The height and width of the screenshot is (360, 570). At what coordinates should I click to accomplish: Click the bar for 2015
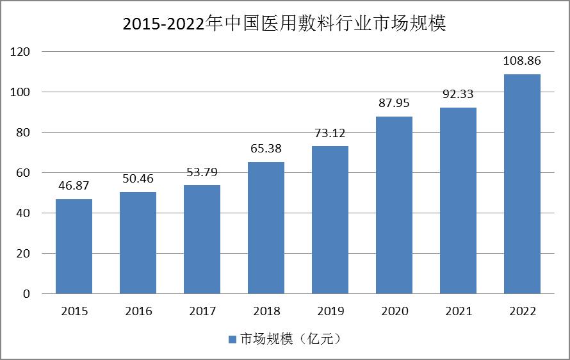click(74, 247)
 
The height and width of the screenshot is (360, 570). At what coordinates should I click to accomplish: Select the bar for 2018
click(266, 228)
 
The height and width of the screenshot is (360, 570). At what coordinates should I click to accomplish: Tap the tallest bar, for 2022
click(522, 184)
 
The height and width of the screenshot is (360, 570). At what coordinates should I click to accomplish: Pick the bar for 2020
click(394, 205)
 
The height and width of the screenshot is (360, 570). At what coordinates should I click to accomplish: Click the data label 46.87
click(74, 186)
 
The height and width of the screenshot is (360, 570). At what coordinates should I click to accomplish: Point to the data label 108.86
click(522, 61)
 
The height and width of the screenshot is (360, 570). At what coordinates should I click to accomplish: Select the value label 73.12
click(330, 133)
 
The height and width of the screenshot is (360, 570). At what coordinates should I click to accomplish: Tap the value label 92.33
click(458, 94)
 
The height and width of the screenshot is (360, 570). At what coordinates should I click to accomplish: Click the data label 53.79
click(202, 172)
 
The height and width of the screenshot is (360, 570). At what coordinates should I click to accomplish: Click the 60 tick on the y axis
click(24, 173)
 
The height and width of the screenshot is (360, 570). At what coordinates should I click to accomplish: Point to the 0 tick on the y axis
click(27, 294)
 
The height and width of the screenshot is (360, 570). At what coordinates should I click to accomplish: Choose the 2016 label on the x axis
click(138, 312)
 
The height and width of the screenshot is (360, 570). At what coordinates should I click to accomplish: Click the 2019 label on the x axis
click(330, 312)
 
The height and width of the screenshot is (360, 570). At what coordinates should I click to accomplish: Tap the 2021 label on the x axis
click(459, 312)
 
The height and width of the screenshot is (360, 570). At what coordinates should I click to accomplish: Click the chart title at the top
click(284, 24)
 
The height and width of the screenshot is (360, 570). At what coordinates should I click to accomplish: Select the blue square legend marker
click(232, 339)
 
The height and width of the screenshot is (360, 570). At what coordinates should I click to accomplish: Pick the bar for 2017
click(202, 240)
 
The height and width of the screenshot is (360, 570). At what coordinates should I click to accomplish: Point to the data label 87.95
click(394, 103)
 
